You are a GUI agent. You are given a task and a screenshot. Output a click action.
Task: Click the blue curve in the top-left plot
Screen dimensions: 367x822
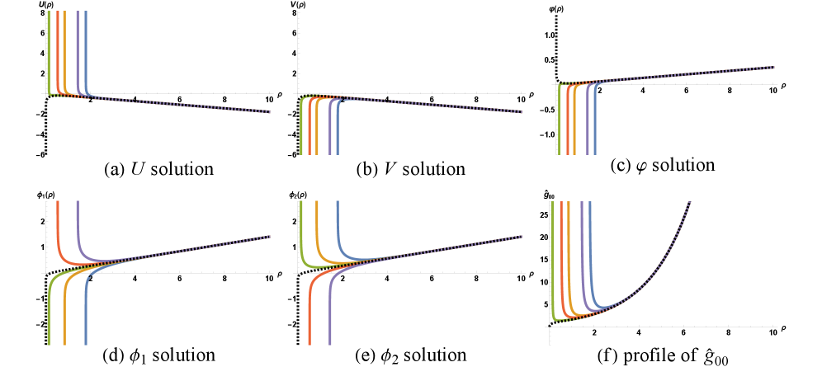(x=85, y=49)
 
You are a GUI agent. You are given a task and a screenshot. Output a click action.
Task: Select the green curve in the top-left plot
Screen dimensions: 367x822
(x=48, y=49)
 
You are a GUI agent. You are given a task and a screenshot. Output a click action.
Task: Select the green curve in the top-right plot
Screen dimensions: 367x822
(x=559, y=124)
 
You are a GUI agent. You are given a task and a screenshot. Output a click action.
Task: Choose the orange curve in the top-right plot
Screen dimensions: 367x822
(x=574, y=124)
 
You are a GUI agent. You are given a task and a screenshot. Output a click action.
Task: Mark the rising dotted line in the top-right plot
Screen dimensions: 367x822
(x=702, y=73)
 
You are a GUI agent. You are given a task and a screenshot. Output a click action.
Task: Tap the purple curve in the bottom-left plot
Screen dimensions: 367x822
(x=78, y=223)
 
